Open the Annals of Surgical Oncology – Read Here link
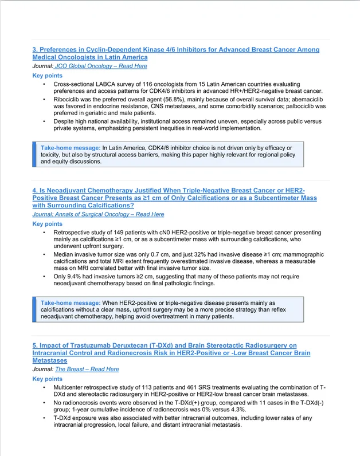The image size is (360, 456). [98, 214]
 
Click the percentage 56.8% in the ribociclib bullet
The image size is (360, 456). [166, 99]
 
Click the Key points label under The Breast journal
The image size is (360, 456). [48, 379]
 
